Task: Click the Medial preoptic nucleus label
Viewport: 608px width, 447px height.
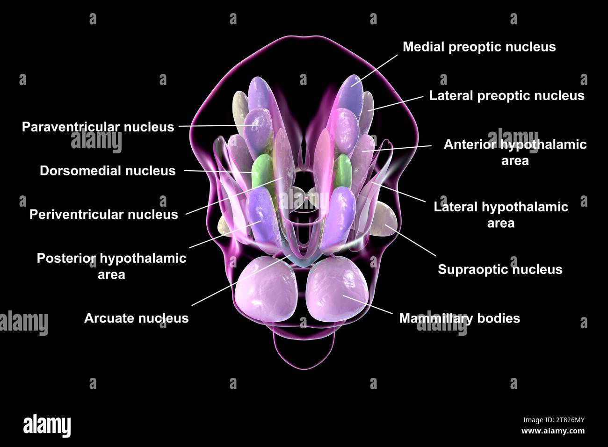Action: [x=479, y=47]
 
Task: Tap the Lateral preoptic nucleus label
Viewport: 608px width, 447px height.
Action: [x=507, y=96]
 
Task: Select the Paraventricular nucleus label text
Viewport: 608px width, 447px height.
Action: [x=98, y=127]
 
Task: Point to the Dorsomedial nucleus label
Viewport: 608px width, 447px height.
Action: [x=108, y=171]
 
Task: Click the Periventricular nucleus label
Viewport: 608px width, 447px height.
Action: [x=104, y=215]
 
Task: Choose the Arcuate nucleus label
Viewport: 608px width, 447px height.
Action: [x=137, y=318]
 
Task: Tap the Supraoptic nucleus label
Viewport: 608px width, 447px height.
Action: [x=500, y=269]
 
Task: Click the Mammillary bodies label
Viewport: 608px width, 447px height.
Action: [x=459, y=318]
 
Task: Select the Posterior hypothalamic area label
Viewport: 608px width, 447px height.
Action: [x=111, y=266]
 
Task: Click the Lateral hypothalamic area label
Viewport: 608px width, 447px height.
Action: [x=501, y=215]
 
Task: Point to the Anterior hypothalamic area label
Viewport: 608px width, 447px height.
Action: [x=515, y=152]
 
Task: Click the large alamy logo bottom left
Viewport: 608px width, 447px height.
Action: [x=47, y=425]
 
